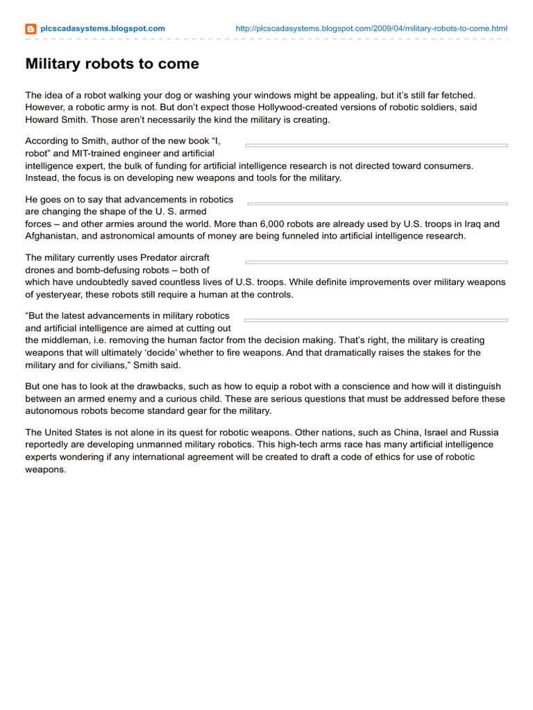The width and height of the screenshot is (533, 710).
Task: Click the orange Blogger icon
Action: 31,29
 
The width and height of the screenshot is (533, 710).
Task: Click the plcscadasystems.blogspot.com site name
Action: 103,28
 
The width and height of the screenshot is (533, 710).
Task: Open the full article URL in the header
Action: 371,28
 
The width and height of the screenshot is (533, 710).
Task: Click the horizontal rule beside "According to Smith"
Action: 377,146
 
